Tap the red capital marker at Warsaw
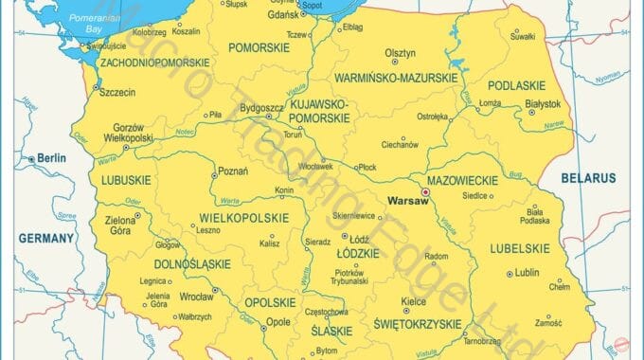tap(425, 191)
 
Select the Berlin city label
tap(52, 158)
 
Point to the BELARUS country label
tap(587, 178)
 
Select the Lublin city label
tap(527, 273)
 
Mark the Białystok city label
tap(544, 103)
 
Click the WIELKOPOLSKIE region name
tap(243, 218)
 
